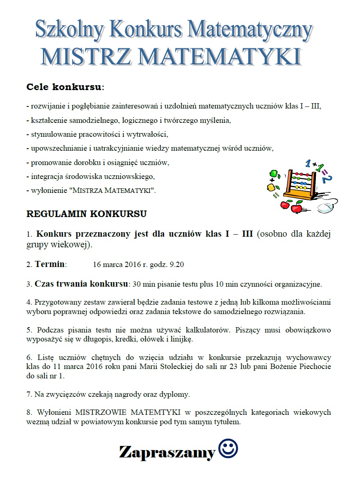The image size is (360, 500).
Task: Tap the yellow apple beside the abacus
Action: point(270,187)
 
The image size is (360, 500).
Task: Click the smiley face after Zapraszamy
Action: point(228,449)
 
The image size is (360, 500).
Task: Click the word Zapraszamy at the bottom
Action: point(167,452)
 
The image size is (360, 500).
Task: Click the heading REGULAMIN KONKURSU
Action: point(86,214)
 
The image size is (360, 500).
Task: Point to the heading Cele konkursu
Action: point(65,87)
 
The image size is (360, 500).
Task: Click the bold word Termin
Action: point(49,264)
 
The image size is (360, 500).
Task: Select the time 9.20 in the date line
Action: point(177,265)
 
